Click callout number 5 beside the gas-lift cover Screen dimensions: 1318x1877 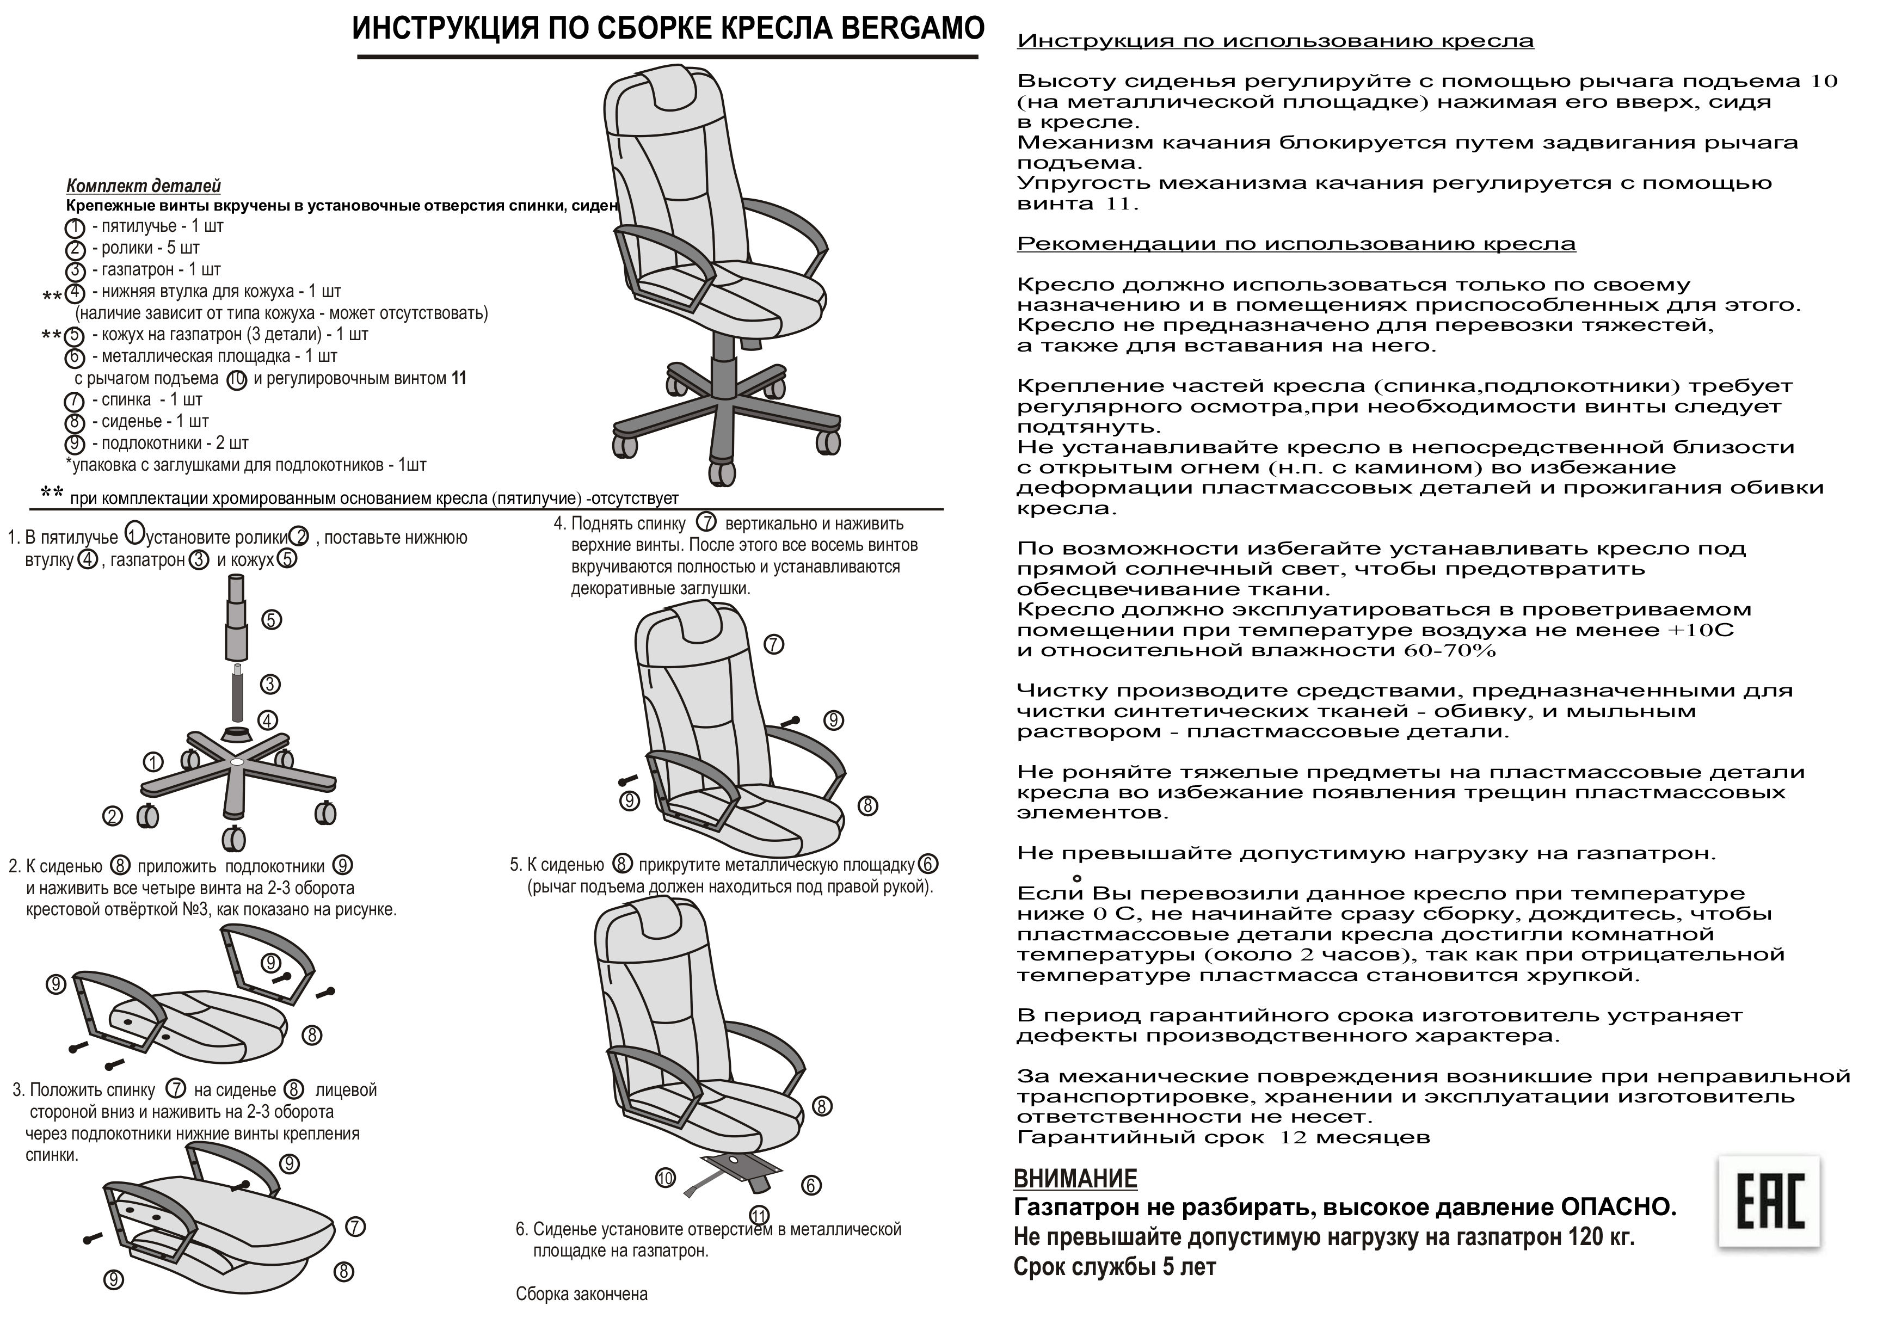(272, 620)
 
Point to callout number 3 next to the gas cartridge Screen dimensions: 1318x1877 (270, 685)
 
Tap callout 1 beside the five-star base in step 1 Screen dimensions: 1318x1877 (153, 763)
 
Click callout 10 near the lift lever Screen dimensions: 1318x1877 (666, 1178)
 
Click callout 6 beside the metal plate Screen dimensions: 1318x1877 (811, 1185)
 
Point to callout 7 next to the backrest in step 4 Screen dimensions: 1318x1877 (773, 644)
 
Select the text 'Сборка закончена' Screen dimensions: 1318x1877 (581, 1294)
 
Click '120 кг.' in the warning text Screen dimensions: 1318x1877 (1602, 1237)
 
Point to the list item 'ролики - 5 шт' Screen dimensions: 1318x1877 (145, 248)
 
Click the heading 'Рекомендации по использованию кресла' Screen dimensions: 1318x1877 (1296, 244)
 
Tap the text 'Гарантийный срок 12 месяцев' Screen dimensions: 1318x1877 (1223, 1137)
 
